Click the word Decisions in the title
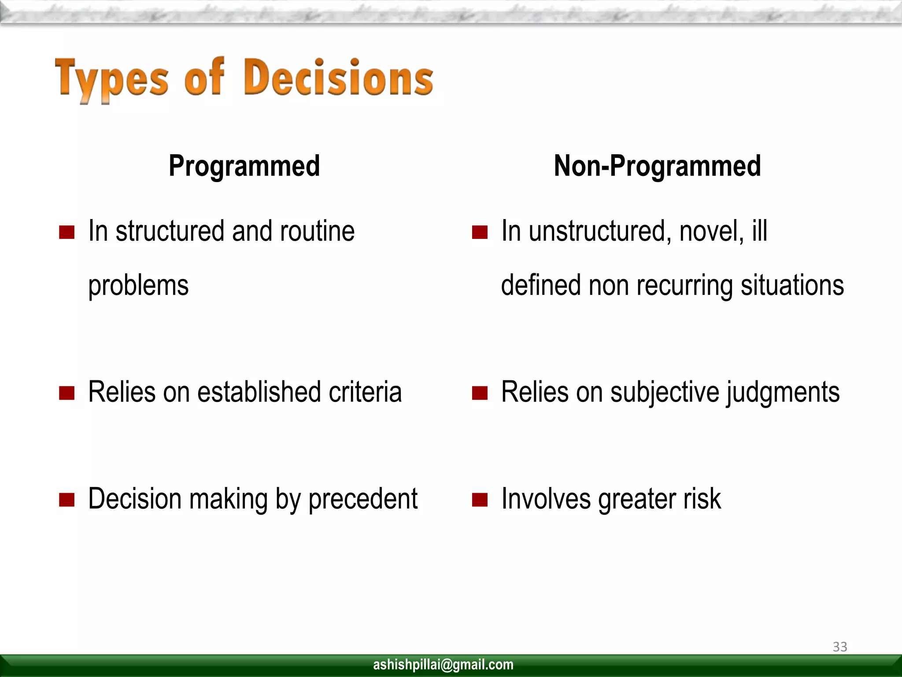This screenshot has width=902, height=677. click(338, 78)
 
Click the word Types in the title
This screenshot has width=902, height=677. click(111, 79)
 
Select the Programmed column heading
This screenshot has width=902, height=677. click(244, 166)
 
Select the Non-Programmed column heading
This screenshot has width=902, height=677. click(657, 166)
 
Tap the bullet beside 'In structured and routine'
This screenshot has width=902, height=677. click(67, 232)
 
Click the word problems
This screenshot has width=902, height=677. click(138, 286)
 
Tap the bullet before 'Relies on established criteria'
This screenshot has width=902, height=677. click(67, 393)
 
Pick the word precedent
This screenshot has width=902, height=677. click(363, 499)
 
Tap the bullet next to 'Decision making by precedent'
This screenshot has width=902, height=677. click(67, 500)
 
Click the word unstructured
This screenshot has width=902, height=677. click(600, 231)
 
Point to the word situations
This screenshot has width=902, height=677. click(792, 285)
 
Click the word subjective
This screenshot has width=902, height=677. click(665, 392)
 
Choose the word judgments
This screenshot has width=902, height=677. click(783, 392)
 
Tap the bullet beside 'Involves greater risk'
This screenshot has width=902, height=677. click(480, 500)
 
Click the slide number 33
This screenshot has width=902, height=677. click(839, 647)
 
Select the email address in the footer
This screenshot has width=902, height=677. click(443, 664)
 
